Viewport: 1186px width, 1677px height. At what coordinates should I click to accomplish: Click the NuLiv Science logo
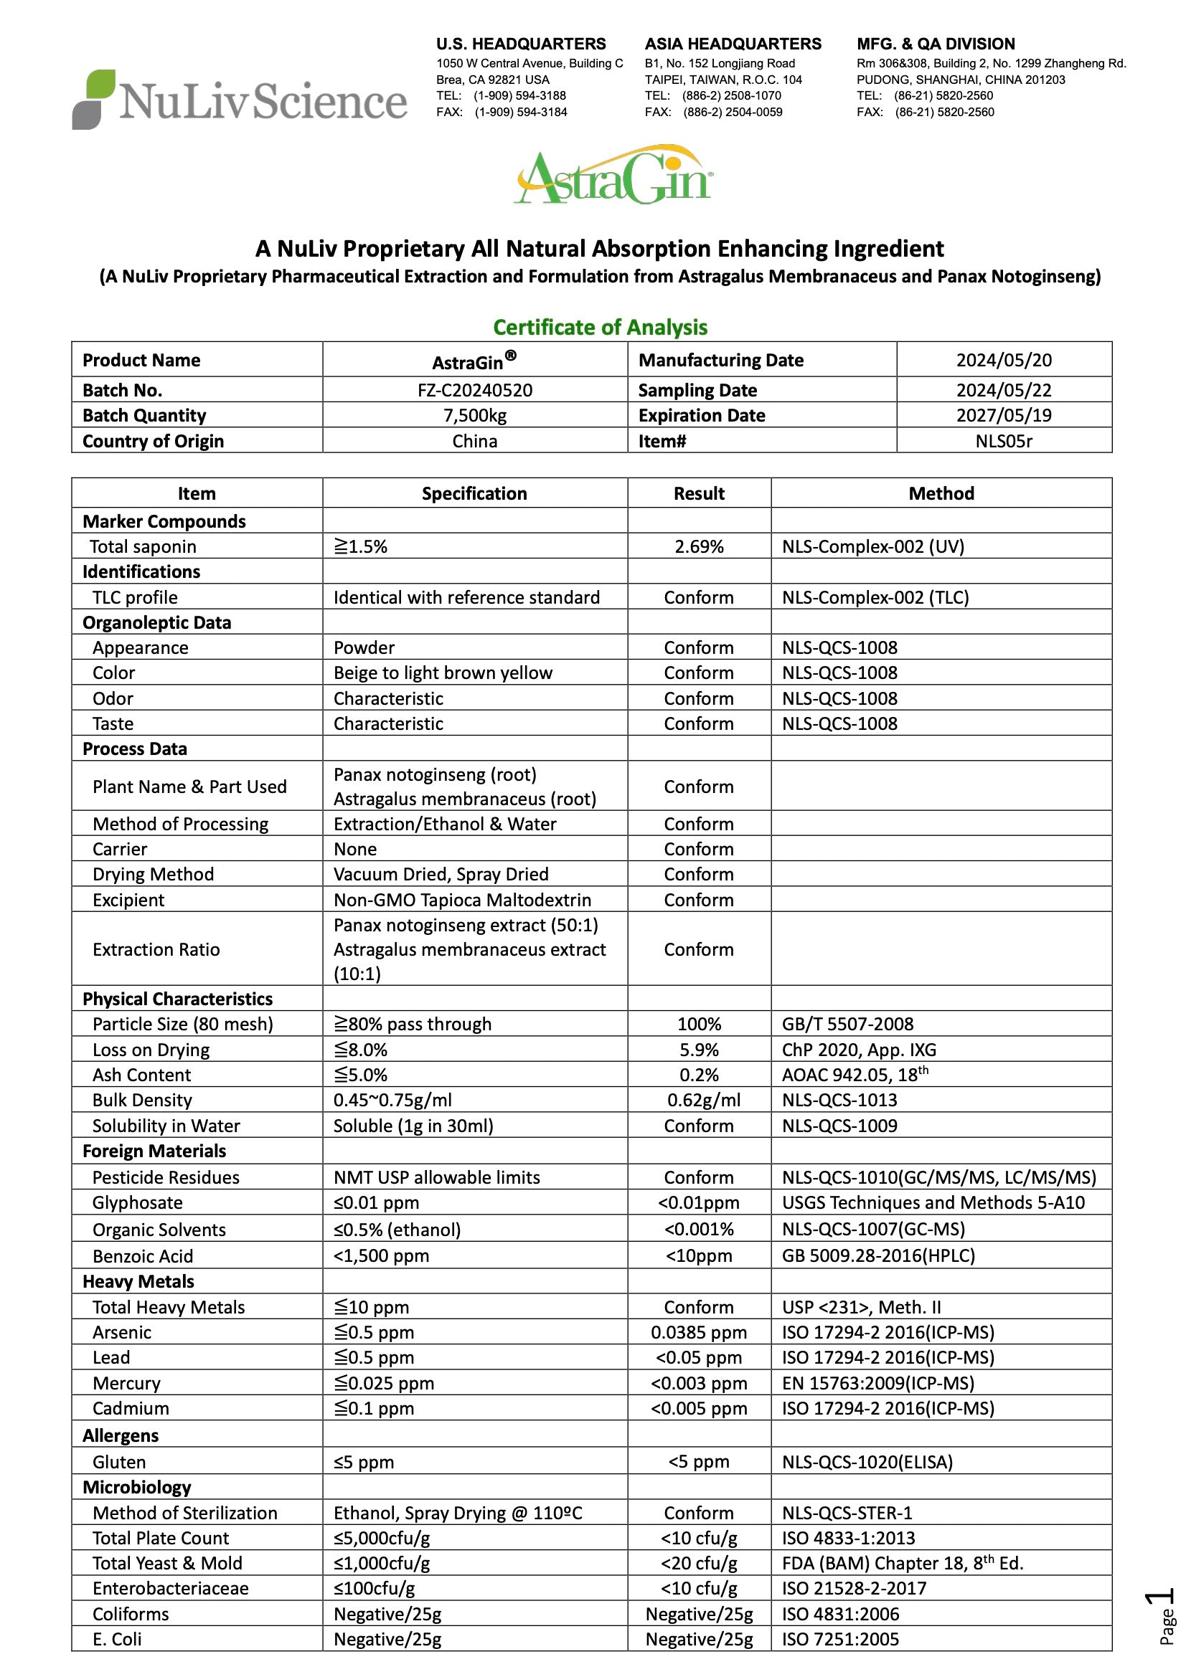click(239, 100)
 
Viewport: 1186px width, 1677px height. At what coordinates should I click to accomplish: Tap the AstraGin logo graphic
click(613, 176)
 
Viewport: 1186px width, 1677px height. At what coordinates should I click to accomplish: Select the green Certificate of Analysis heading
click(600, 327)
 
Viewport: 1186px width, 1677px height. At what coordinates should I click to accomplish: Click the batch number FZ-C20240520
click(474, 390)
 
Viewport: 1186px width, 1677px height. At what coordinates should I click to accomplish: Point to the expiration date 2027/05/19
click(1003, 415)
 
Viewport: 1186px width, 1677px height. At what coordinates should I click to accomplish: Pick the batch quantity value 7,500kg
click(474, 415)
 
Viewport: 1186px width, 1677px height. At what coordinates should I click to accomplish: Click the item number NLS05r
click(1003, 440)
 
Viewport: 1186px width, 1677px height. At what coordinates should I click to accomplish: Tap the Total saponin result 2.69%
click(699, 546)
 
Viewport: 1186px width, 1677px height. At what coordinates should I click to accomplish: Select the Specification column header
click(474, 493)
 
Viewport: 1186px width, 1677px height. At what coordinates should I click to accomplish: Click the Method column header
click(941, 493)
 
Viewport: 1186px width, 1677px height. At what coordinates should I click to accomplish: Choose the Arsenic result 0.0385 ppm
click(699, 1331)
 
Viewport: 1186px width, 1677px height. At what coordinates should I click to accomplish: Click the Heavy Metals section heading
click(138, 1281)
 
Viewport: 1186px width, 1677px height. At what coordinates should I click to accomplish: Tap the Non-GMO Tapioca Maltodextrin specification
click(462, 900)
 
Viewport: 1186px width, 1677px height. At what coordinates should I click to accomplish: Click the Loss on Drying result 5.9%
click(699, 1050)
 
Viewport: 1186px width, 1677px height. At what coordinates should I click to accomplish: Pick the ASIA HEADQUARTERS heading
click(733, 44)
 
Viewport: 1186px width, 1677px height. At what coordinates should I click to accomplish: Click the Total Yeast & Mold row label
click(166, 1563)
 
